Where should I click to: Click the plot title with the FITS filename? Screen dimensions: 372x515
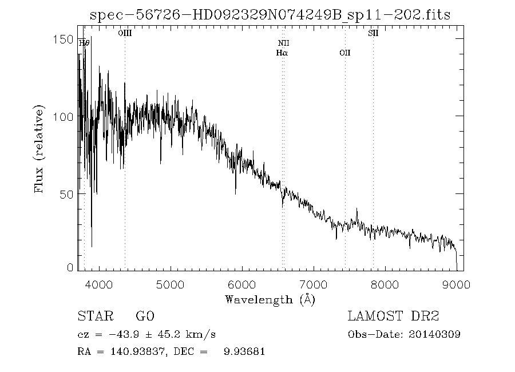(270, 15)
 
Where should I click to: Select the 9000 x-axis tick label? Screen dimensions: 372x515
(456, 284)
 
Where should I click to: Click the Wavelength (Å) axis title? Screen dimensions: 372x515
(270, 299)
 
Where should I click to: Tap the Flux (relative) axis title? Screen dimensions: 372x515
(39, 149)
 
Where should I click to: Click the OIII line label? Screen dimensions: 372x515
(125, 34)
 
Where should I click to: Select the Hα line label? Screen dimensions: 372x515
(282, 53)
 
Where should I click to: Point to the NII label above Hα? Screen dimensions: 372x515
(284, 43)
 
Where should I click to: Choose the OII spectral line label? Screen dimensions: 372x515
(344, 53)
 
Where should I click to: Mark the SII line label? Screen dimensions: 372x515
(373, 34)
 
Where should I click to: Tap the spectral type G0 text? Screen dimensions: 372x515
(145, 316)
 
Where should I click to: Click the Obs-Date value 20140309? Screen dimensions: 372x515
(438, 334)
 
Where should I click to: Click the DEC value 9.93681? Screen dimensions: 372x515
(244, 351)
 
